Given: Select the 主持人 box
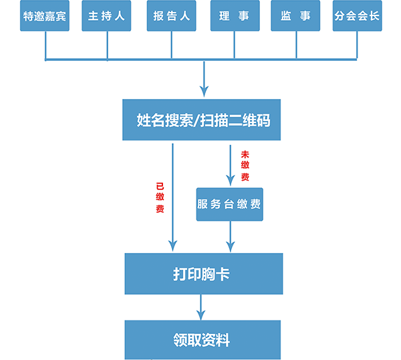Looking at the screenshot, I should click(106, 16).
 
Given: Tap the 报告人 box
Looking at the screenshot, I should click(171, 16).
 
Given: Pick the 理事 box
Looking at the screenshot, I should click(234, 16).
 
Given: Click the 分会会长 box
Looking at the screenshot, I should click(357, 16).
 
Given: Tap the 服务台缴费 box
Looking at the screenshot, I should click(229, 204).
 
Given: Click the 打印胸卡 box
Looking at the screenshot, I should click(203, 273).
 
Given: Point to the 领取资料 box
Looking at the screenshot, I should click(203, 340).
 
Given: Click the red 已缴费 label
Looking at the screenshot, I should click(160, 197).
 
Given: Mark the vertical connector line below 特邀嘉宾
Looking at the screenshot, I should click(45, 46).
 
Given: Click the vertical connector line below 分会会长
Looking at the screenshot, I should click(356, 46).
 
